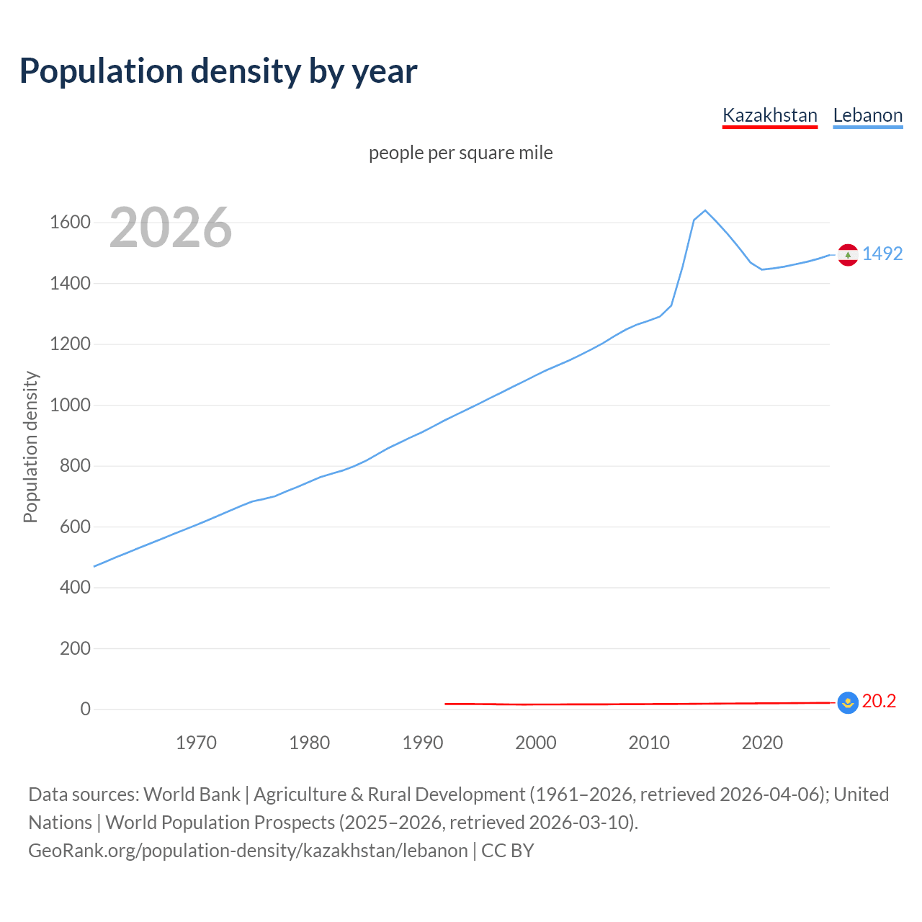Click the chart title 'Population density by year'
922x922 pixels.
(218, 71)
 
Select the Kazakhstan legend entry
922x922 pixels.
(769, 115)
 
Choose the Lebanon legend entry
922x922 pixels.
(867, 115)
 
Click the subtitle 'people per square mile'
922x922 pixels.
(460, 153)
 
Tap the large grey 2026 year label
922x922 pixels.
(171, 228)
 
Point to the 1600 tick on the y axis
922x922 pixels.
(70, 223)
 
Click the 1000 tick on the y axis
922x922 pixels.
(70, 405)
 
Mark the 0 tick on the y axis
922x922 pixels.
(86, 710)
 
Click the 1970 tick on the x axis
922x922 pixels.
(196, 743)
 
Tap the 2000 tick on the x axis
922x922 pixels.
(535, 743)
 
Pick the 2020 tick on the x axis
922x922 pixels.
(762, 743)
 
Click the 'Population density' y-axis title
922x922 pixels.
(30, 447)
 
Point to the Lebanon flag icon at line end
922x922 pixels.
(848, 255)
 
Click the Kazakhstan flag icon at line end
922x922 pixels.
(848, 702)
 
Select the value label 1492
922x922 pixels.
(882, 254)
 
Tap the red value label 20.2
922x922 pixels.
(879, 701)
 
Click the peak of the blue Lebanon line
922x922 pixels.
(705, 210)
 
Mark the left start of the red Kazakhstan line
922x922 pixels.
(446, 704)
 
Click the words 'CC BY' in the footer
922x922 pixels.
(507, 851)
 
